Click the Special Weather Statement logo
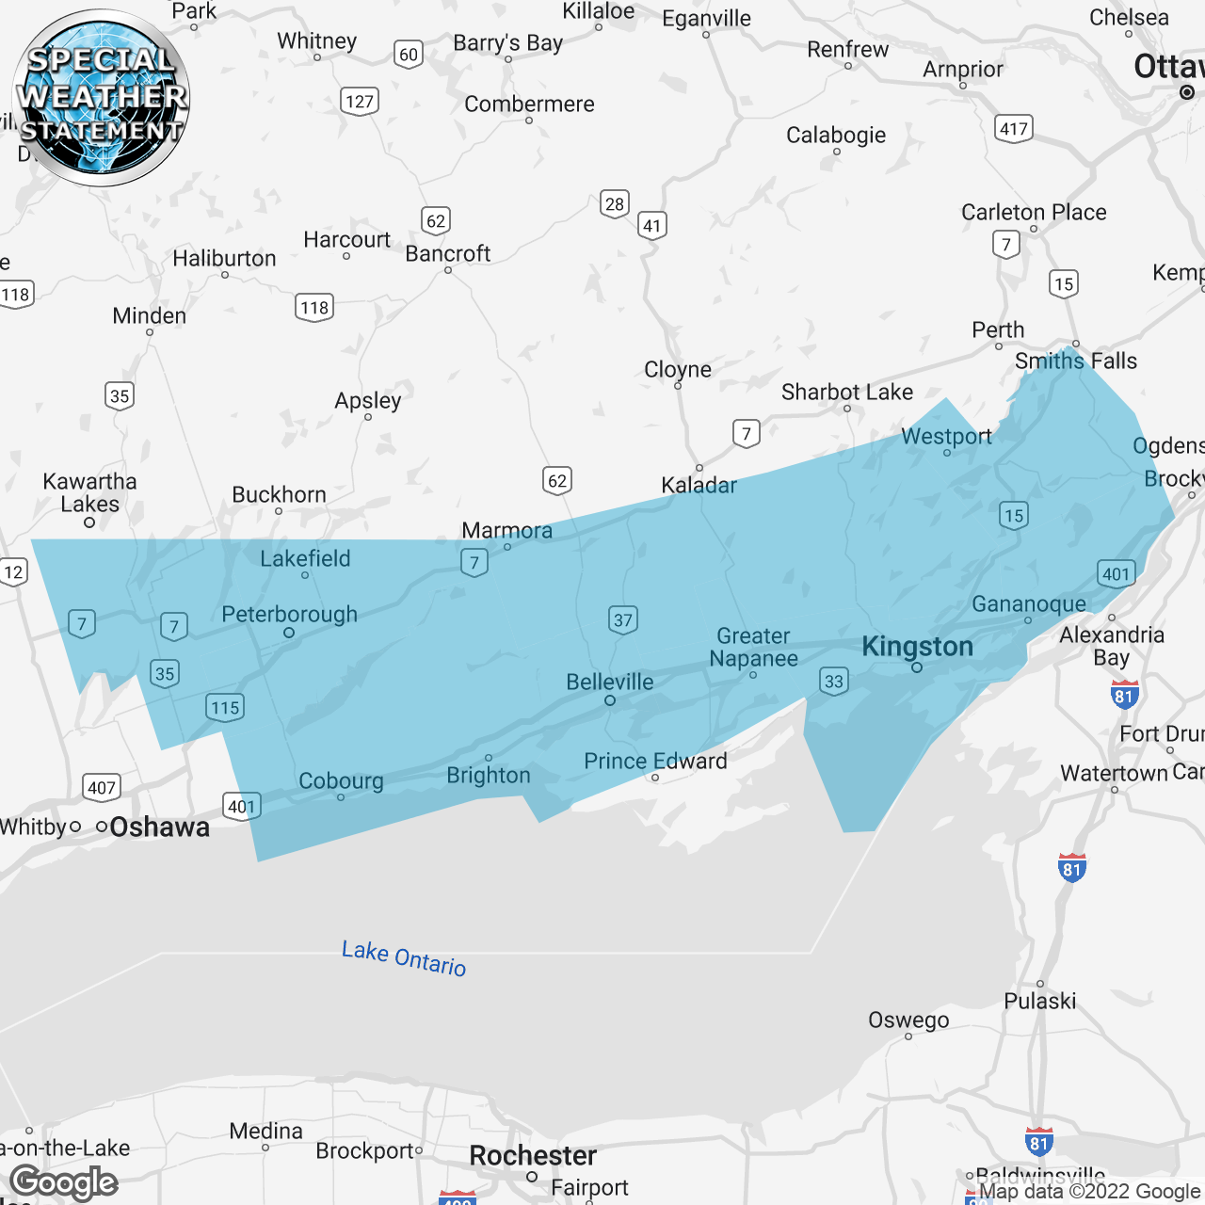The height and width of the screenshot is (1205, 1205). pyautogui.click(x=101, y=98)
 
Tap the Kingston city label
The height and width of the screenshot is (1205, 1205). pyautogui.click(x=917, y=647)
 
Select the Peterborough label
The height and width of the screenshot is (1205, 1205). pyautogui.click(x=289, y=615)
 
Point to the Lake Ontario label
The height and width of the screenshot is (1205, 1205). pyautogui.click(x=404, y=957)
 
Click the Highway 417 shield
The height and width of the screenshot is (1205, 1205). pyautogui.click(x=1014, y=128)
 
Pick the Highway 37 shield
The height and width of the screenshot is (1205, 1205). pyautogui.click(x=623, y=619)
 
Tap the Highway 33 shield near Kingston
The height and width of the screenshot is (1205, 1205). pyautogui.click(x=834, y=681)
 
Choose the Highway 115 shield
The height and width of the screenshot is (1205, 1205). pyautogui.click(x=225, y=708)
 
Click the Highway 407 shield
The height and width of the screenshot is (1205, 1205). pyautogui.click(x=101, y=788)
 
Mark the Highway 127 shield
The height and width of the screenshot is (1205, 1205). pyautogui.click(x=360, y=102)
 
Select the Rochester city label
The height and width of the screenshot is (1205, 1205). pyautogui.click(x=533, y=1155)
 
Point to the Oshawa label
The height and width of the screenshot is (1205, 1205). pyautogui.click(x=159, y=827)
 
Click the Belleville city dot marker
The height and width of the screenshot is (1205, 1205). pyautogui.click(x=610, y=700)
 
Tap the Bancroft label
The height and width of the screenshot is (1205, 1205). pyautogui.click(x=448, y=253)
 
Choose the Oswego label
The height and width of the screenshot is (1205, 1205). pyautogui.click(x=908, y=1020)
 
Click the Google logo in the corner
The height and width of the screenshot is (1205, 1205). pyautogui.click(x=64, y=1182)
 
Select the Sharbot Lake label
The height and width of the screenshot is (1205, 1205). pyautogui.click(x=847, y=392)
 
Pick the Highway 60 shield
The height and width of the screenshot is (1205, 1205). pyautogui.click(x=409, y=55)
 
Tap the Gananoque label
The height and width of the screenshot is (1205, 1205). pyautogui.click(x=1029, y=603)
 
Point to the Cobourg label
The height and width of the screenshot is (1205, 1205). pyautogui.click(x=341, y=780)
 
